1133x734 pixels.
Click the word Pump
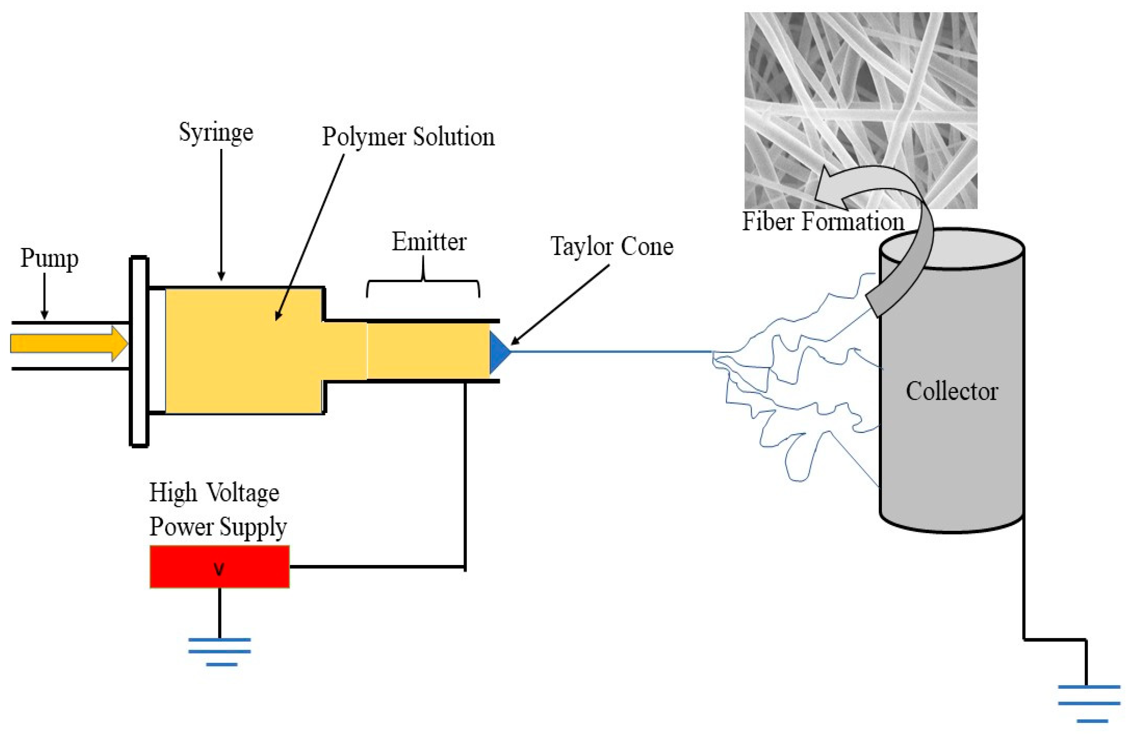[49, 258]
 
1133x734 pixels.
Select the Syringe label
[216, 132]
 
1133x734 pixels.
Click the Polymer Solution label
[408, 137]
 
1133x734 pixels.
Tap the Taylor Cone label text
[612, 247]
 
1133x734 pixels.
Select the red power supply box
[219, 566]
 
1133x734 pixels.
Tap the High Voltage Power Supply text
[218, 510]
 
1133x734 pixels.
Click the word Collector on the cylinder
[951, 392]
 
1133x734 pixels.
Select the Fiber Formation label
[822, 222]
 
